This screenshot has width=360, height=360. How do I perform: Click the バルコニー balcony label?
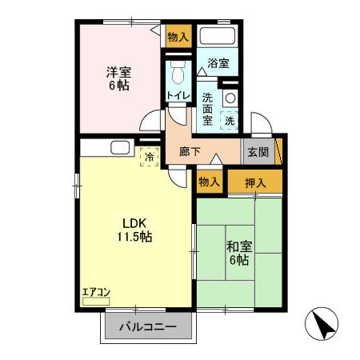[x=149, y=327]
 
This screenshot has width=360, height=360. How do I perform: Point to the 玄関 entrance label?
[x=257, y=153]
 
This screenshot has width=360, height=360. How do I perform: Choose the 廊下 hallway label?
[x=190, y=151]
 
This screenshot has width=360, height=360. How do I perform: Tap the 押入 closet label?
[x=255, y=182]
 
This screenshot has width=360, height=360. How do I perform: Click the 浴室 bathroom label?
[x=218, y=62]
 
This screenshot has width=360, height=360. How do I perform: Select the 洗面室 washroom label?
[x=206, y=107]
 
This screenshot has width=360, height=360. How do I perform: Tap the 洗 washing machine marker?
[x=229, y=120]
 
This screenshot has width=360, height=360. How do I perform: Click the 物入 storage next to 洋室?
[x=178, y=37]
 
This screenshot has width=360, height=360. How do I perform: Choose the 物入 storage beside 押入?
[x=208, y=182]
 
